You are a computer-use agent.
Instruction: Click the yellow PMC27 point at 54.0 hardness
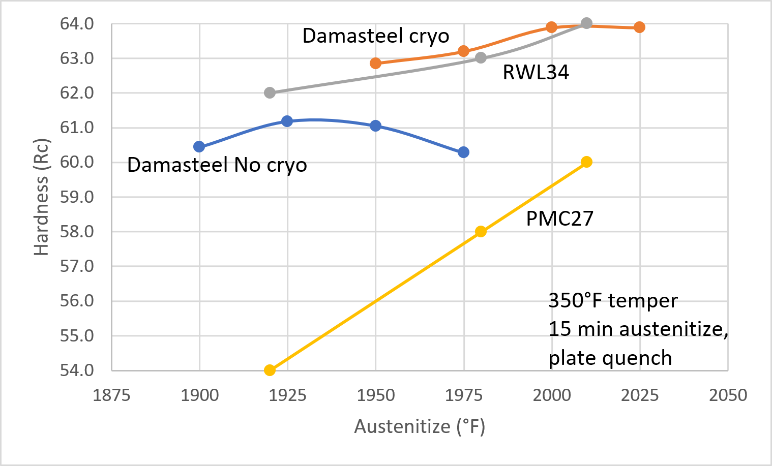(x=270, y=370)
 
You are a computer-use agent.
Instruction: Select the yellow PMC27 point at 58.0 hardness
(x=481, y=232)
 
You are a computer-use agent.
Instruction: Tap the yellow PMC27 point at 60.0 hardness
(x=586, y=162)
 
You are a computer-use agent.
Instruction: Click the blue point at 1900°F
(x=199, y=147)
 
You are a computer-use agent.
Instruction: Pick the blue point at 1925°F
(x=287, y=121)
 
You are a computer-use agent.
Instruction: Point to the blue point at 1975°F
(x=463, y=152)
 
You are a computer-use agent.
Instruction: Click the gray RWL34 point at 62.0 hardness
(x=270, y=93)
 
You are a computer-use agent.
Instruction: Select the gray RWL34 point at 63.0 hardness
(x=481, y=58)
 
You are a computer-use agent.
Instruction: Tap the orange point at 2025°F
(x=640, y=27)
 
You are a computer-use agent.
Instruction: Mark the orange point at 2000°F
(x=551, y=27)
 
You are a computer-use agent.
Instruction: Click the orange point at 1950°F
(x=375, y=64)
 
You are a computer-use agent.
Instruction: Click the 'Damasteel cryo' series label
(x=376, y=36)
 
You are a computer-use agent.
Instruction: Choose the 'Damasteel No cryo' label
(x=217, y=165)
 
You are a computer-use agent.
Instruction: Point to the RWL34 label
(x=536, y=73)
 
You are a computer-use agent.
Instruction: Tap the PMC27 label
(x=559, y=219)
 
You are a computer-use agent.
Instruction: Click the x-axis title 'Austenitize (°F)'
(x=420, y=426)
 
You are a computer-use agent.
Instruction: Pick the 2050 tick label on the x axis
(x=728, y=395)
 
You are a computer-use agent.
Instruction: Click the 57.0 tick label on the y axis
(x=77, y=266)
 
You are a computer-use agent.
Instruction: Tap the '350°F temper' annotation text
(x=613, y=301)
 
